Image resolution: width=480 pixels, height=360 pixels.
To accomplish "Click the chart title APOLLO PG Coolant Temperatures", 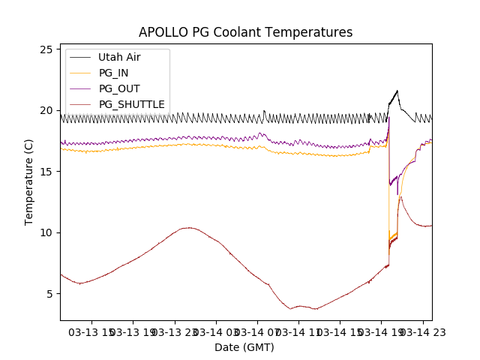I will coord(245,32).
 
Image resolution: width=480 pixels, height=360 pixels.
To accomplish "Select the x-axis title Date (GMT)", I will coord(244,347).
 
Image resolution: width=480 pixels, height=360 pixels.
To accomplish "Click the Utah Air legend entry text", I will coord(119,57).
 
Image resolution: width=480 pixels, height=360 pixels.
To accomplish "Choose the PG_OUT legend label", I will coord(119,88).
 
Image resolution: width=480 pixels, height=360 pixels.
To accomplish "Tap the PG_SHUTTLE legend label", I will coord(131,104).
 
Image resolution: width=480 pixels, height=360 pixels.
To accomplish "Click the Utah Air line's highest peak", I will coord(397,91).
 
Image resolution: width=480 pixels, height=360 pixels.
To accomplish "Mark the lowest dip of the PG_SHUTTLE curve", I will coord(291,308).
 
